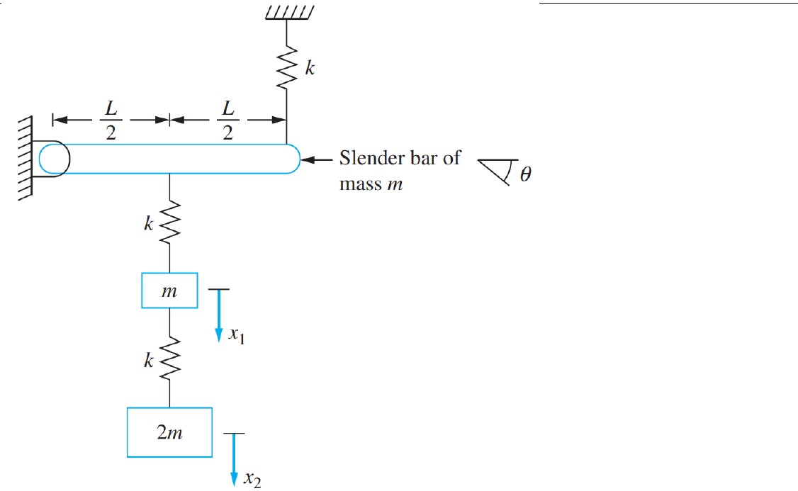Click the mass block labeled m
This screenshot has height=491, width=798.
tap(169, 291)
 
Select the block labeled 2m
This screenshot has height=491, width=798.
tap(169, 432)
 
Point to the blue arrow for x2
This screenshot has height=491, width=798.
tap(233, 461)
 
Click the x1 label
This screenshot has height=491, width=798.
tap(236, 339)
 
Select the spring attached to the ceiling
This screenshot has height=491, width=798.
tap(286, 64)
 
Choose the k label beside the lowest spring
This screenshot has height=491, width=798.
tap(148, 361)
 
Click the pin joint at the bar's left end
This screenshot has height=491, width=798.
tap(54, 158)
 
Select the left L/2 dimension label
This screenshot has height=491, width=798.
tap(111, 121)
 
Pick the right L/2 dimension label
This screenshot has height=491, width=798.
tap(227, 121)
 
